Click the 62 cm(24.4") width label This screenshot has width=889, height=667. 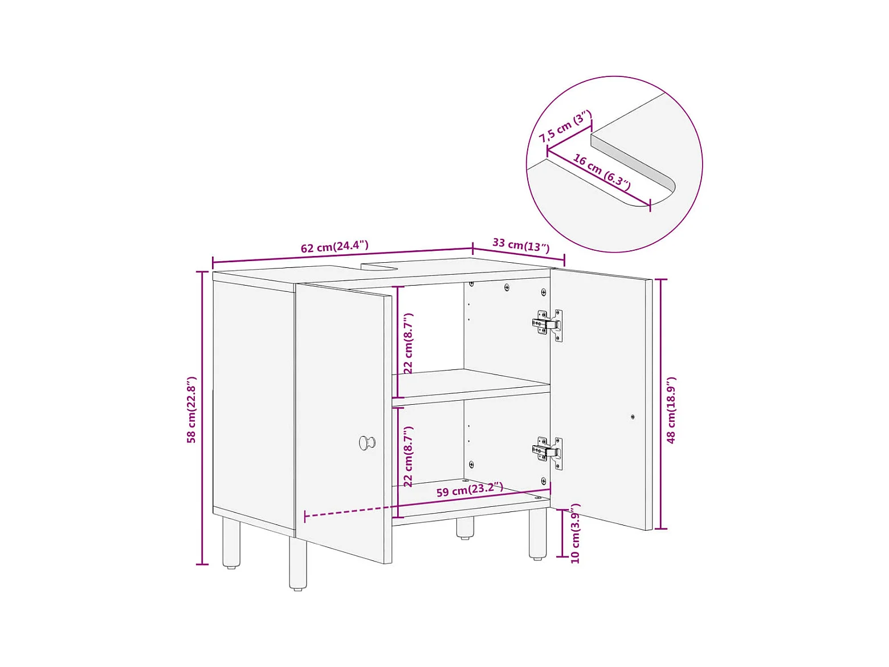coord(335,246)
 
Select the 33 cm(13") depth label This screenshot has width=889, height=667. coord(521,245)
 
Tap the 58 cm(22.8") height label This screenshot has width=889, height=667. coord(191,410)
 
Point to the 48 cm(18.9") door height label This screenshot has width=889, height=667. coord(671,410)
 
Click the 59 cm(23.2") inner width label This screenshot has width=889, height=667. coord(470,490)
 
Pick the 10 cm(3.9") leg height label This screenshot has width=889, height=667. coord(575,534)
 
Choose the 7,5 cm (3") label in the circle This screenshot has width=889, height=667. coord(565,127)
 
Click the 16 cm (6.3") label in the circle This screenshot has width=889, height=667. coord(602,172)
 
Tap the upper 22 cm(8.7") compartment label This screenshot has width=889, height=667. coord(408,343)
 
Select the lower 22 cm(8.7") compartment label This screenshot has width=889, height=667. coord(408,456)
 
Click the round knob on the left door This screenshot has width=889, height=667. coord(367,442)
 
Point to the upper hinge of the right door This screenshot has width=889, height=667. coord(547,326)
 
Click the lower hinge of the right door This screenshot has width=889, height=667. coord(547,453)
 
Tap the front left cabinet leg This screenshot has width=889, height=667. coord(297,563)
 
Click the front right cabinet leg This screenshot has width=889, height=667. coord(537,534)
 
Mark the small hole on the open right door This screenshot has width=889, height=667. coord(633,416)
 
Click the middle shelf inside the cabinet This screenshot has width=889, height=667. coord(471,387)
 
